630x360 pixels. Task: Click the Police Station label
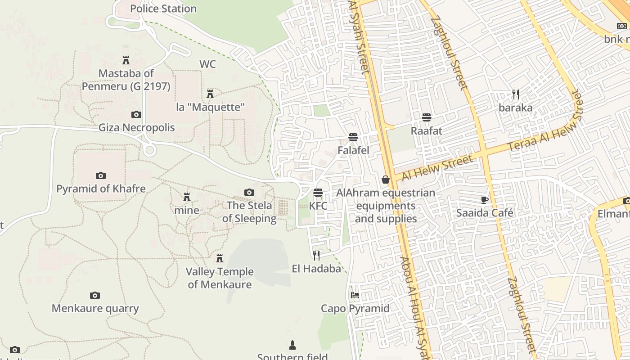[163, 9]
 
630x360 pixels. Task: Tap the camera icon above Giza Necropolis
[136, 115]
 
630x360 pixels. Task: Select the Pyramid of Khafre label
[101, 189]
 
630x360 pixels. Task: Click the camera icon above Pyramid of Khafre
[101, 175]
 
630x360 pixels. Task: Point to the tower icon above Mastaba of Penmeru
[126, 60]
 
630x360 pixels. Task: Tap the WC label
[207, 64]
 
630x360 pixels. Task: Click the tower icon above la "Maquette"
[210, 94]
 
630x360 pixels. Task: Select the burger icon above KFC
[318, 193]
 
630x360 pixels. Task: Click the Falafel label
[353, 150]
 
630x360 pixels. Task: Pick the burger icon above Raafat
[426, 117]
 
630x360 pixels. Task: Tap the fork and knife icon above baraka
[516, 94]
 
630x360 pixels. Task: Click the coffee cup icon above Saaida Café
[484, 200]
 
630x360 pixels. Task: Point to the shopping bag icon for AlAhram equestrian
[386, 180]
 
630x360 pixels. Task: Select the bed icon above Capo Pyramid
[355, 295]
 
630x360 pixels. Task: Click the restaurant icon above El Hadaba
[316, 256]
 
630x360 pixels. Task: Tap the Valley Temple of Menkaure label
[220, 278]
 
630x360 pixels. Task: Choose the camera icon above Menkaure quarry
[94, 295]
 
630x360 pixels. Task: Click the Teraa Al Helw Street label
[544, 121]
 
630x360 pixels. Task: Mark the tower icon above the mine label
[187, 197]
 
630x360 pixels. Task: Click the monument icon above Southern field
[292, 345]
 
